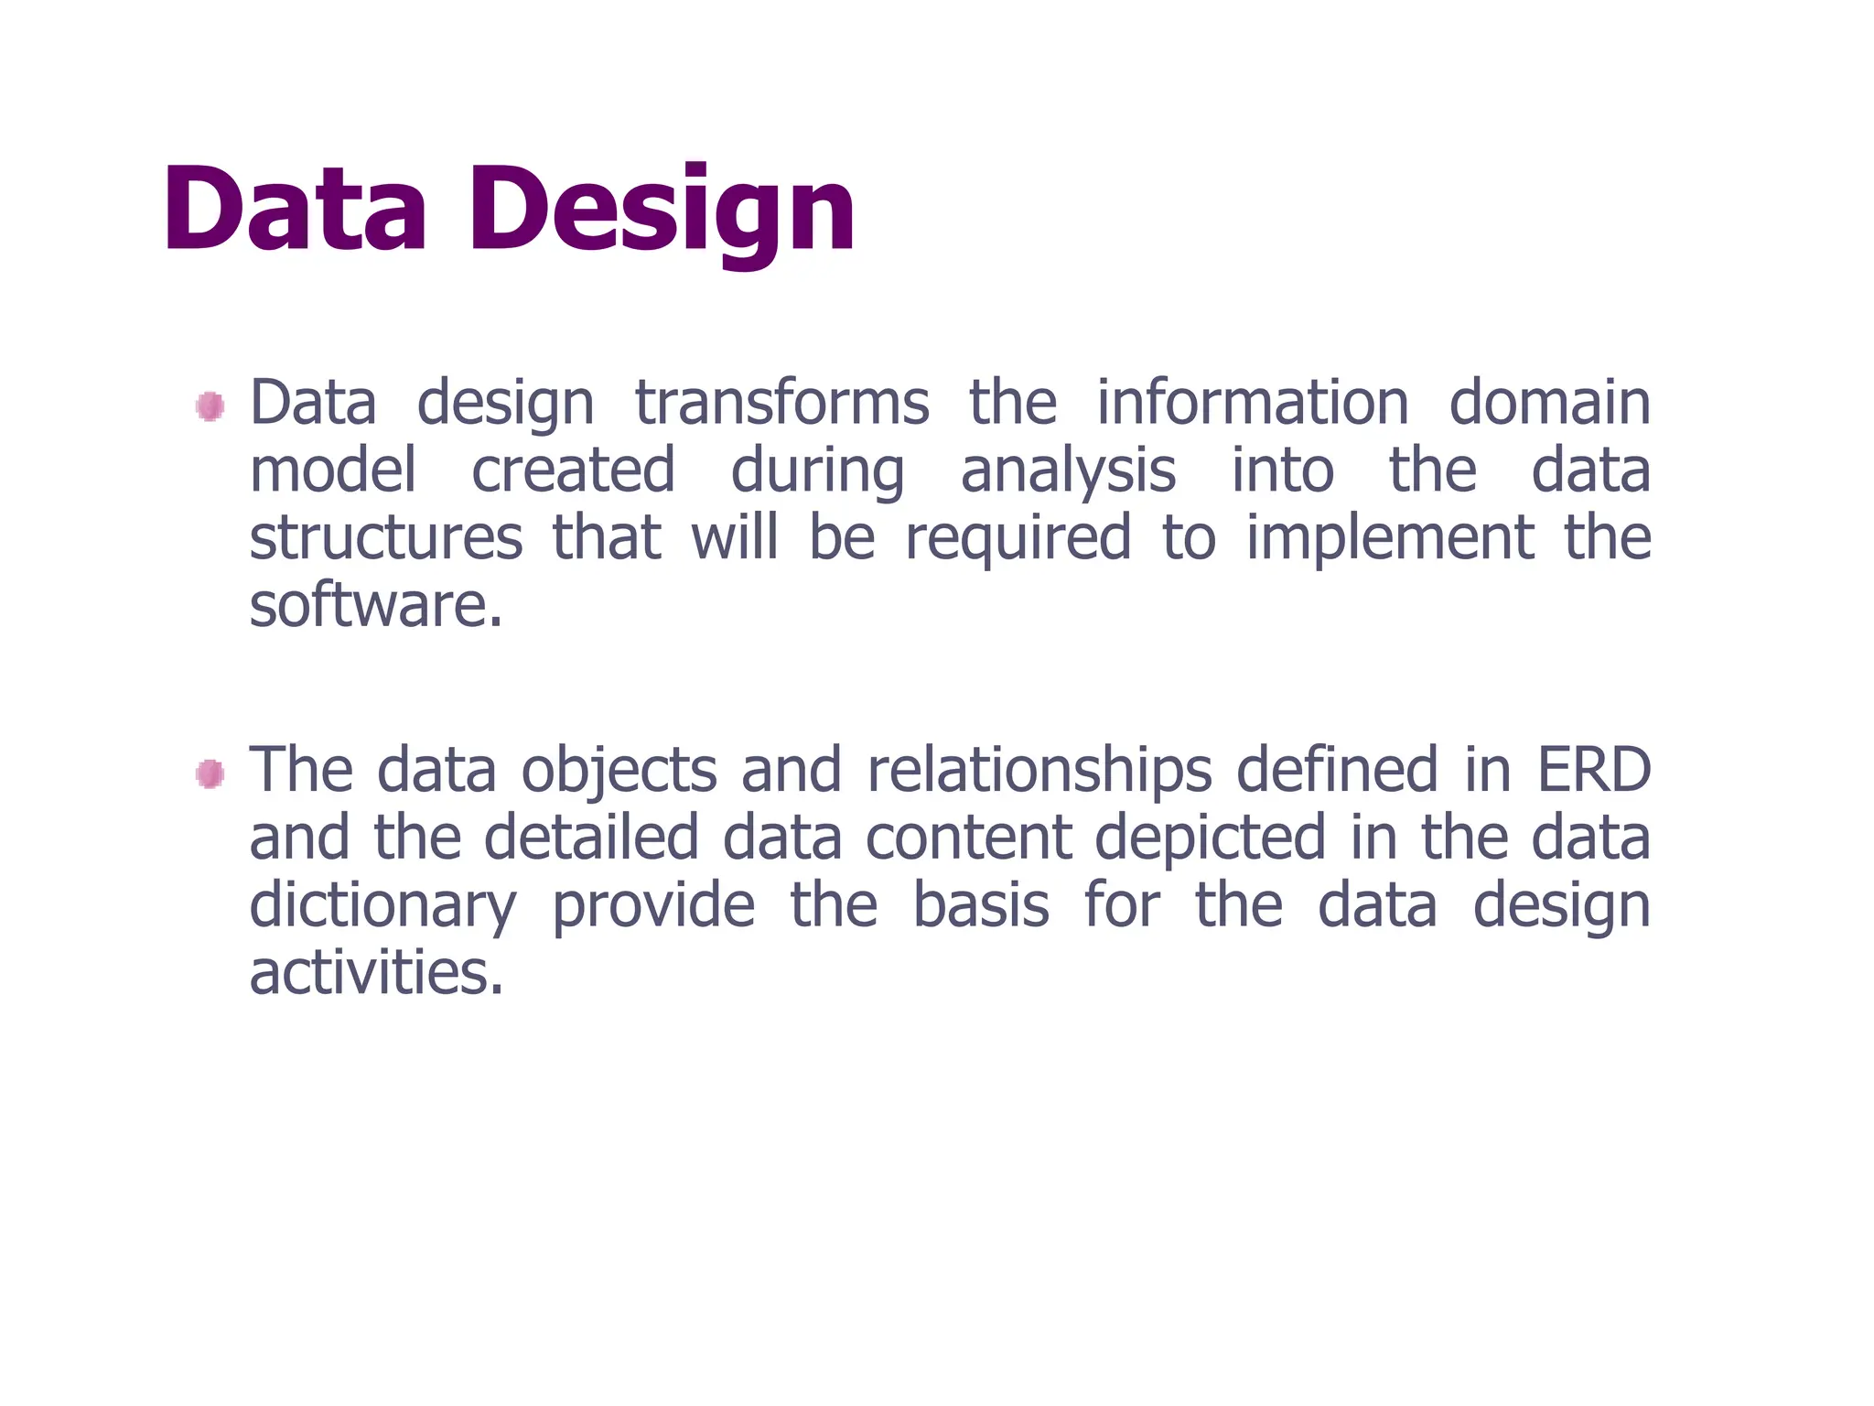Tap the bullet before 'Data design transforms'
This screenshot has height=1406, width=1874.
210,406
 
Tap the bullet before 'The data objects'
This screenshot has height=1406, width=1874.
210,774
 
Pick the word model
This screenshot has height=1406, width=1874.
333,470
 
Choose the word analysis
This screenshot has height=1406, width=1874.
1068,472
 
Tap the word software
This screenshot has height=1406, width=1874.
375,606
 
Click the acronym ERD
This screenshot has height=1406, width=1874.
1593,771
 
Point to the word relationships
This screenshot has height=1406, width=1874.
1039,771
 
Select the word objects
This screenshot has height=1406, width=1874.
619,771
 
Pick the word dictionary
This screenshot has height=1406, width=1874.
383,906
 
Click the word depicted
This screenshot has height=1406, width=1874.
1210,838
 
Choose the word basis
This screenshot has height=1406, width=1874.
981,906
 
